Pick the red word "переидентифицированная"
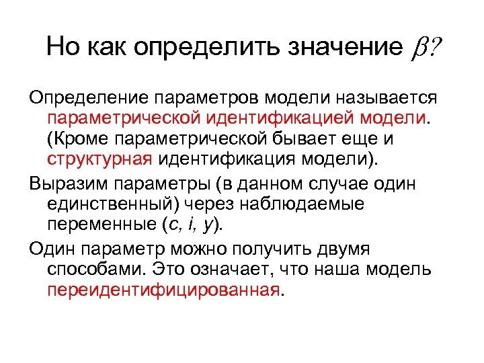coord(163,289)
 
